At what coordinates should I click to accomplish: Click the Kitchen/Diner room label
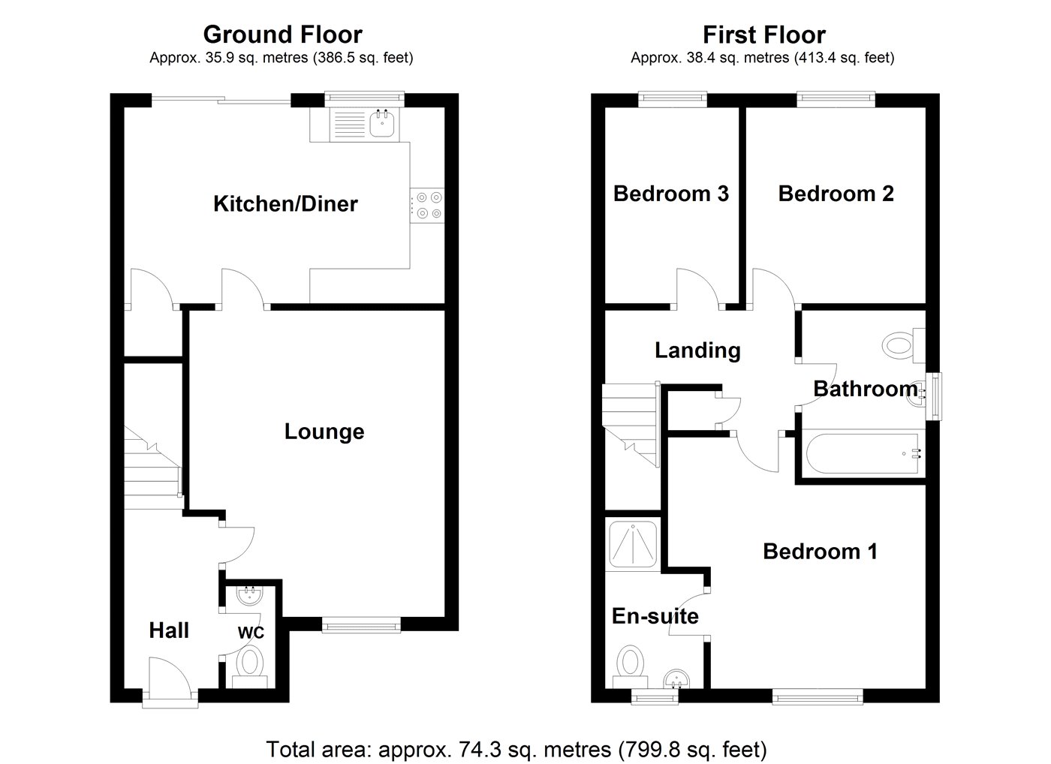(285, 203)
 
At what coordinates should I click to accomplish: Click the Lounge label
(324, 432)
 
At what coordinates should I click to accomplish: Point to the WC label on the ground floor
(251, 633)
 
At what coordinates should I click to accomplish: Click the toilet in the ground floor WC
(250, 665)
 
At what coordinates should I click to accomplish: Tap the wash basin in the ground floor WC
(248, 597)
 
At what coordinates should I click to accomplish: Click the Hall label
(169, 630)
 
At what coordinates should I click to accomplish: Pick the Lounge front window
(361, 623)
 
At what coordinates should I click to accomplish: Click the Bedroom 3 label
(671, 194)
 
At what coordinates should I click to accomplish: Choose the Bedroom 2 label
(836, 194)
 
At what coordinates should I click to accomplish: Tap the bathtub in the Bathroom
(863, 453)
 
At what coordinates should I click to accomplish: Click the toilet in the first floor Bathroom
(900, 346)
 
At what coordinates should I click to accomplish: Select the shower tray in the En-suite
(634, 543)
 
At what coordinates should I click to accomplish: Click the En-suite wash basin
(677, 680)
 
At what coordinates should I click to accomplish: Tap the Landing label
(697, 350)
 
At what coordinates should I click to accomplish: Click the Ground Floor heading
(282, 35)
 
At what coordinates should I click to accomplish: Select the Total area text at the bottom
(516, 748)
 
